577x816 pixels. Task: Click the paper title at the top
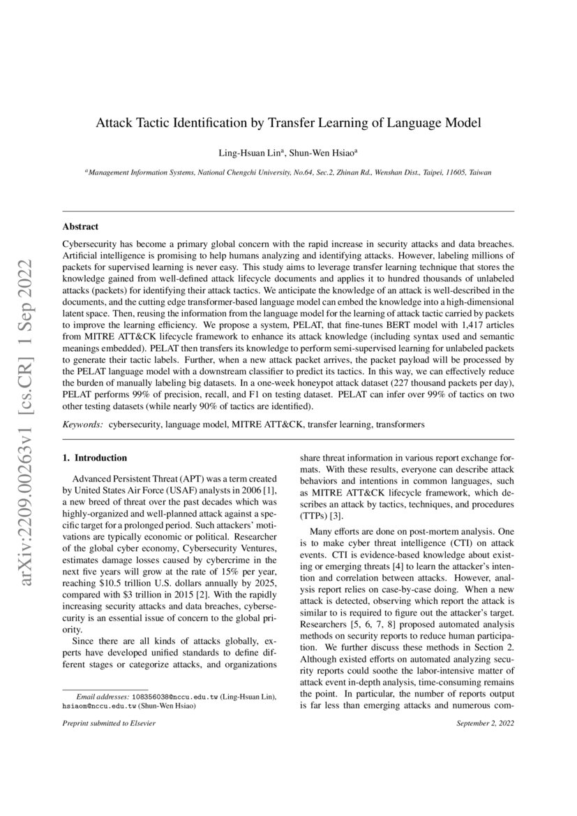(288, 124)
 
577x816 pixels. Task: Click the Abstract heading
(80, 227)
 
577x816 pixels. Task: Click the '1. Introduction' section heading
(95, 458)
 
